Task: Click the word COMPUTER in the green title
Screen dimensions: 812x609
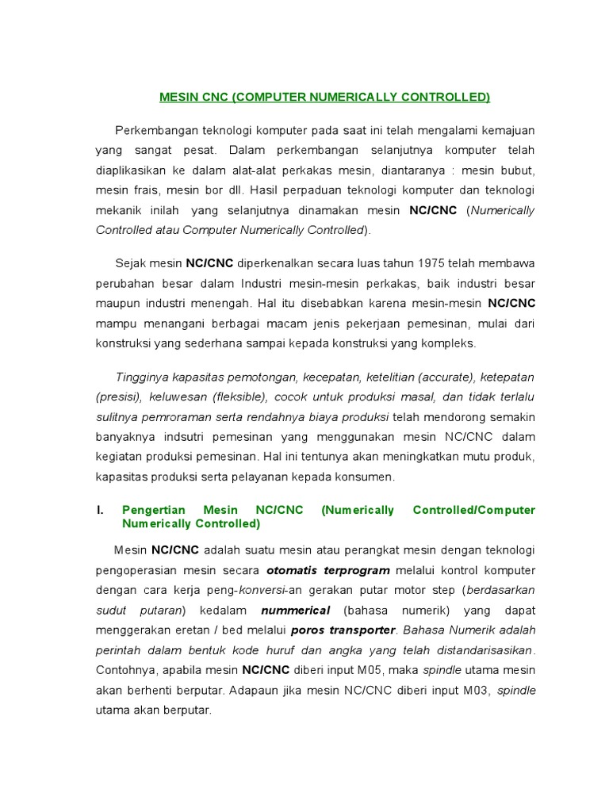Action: pos(268,98)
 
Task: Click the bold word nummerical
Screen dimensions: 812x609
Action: pos(295,611)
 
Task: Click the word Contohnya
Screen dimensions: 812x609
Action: pos(124,670)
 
